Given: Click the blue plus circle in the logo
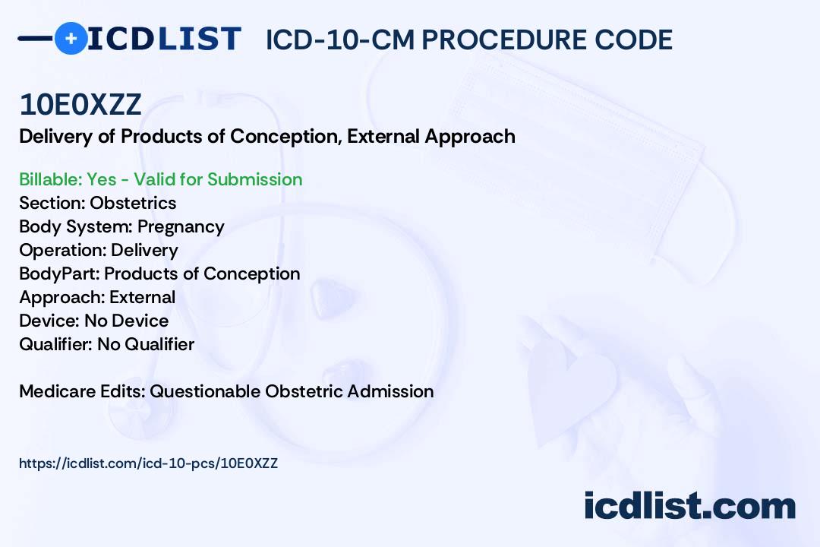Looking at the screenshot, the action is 71,38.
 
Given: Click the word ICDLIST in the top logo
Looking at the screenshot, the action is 164,39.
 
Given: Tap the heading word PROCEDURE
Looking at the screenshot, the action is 504,40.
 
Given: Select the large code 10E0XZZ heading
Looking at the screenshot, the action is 80,105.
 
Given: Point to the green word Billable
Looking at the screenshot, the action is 51,179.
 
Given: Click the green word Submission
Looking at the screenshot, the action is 254,179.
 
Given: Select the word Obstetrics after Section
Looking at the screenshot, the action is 133,203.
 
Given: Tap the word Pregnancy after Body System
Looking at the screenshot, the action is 181,227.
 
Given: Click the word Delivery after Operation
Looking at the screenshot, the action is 144,251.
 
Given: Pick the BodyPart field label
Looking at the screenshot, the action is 59,273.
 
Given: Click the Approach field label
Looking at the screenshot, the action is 61,297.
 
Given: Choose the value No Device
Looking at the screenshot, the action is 127,321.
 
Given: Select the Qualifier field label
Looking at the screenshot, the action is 56,344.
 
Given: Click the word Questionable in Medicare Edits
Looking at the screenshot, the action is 204,391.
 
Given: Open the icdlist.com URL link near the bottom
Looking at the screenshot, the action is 149,463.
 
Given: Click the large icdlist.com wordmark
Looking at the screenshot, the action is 689,506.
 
